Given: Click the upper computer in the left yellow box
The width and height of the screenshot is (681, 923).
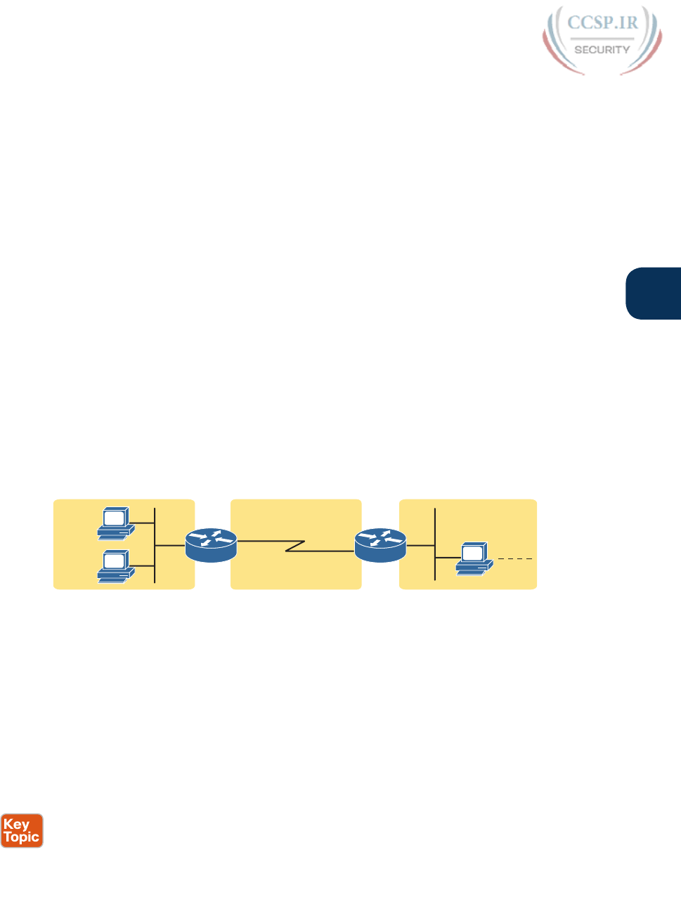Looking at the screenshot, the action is coord(115,523).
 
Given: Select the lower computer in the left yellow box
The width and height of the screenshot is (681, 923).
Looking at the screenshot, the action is coord(115,566).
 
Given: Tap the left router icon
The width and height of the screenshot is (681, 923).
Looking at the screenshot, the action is coord(212,545).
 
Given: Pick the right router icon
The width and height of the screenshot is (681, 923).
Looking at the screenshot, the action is coord(380,545).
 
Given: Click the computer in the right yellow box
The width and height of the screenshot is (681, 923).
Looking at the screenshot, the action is coord(473,559).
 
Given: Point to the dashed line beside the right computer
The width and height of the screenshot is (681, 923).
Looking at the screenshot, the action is coord(516,559).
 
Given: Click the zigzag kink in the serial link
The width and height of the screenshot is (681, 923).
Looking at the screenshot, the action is coord(295,546).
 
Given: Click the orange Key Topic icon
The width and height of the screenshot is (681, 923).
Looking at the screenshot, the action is coord(22,831).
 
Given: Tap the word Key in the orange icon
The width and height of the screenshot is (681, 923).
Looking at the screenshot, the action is coord(16,825).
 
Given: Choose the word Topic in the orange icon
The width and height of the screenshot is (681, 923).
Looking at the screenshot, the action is coord(22,837).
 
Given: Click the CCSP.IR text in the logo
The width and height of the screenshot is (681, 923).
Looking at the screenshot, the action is coord(602,23).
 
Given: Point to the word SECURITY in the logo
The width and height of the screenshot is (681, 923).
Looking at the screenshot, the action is coord(602,50).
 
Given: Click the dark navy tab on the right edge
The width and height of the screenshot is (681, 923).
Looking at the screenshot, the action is coord(654,294).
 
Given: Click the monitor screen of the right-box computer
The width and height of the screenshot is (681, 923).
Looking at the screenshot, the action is coord(472,554).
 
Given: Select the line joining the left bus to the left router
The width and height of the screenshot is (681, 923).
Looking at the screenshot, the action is coord(170,545).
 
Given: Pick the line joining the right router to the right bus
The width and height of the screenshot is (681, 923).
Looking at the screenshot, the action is coord(420,545).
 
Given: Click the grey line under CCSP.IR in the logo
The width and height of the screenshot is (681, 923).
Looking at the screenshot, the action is coord(602,38).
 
